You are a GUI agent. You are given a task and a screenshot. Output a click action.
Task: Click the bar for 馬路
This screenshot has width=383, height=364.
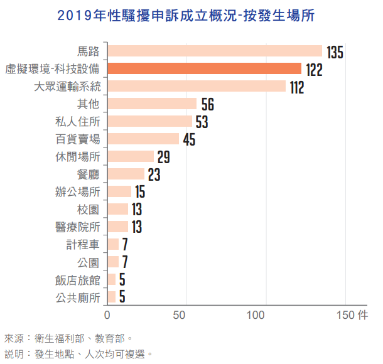tap(214, 51)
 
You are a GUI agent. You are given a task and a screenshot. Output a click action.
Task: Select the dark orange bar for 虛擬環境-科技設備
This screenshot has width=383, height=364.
tap(204, 69)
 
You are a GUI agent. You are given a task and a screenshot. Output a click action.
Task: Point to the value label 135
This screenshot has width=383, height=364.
tap(335, 52)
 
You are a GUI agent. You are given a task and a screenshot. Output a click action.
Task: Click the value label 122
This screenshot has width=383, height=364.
tap(314, 70)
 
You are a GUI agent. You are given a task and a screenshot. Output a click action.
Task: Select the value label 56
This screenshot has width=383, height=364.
tap(208, 104)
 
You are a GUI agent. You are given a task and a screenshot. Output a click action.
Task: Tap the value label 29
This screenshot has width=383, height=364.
tap(163, 157)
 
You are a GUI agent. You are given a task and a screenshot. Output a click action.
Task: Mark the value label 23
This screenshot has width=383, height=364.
tap(154, 174)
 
